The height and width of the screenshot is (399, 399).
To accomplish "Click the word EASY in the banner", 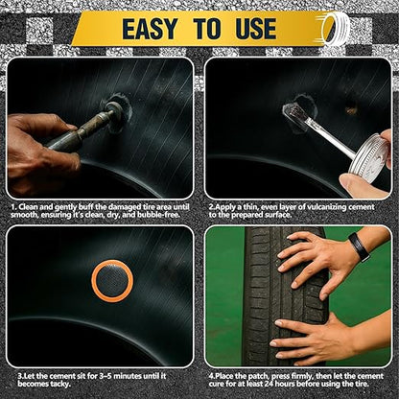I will point(153,28).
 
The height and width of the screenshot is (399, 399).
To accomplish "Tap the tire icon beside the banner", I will point(337,27).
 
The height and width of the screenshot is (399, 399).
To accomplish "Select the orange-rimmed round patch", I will point(112,279).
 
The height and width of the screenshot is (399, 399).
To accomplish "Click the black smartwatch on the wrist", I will point(359,246).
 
